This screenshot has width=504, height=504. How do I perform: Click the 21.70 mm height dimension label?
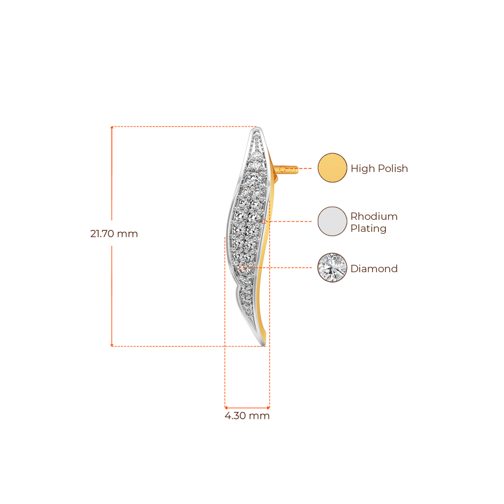(114, 234)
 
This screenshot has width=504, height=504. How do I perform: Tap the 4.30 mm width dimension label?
(247, 415)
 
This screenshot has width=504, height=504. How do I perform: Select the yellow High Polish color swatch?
(332, 168)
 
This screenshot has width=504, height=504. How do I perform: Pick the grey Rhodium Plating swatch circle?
(332, 221)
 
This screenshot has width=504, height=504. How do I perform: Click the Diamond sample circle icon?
(332, 268)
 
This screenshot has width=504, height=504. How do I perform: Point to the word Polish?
(392, 168)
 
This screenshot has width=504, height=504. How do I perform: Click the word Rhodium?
(374, 217)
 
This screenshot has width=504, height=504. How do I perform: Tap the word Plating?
(368, 229)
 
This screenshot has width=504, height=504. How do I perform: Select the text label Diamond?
(374, 269)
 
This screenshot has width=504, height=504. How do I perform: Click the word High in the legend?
(363, 168)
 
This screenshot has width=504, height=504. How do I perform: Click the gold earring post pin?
(286, 169)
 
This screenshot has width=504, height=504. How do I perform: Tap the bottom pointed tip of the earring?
(264, 345)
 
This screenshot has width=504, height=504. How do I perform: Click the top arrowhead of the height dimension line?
(112, 127)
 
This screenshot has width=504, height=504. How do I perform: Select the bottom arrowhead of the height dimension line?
(112, 346)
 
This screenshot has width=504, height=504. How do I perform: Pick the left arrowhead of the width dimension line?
(225, 408)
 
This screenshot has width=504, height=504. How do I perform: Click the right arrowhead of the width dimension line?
(269, 408)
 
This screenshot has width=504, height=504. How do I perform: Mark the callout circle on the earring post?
(282, 169)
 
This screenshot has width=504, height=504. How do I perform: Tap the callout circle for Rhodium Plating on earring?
(264, 221)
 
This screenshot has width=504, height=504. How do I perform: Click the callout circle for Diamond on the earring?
(241, 268)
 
